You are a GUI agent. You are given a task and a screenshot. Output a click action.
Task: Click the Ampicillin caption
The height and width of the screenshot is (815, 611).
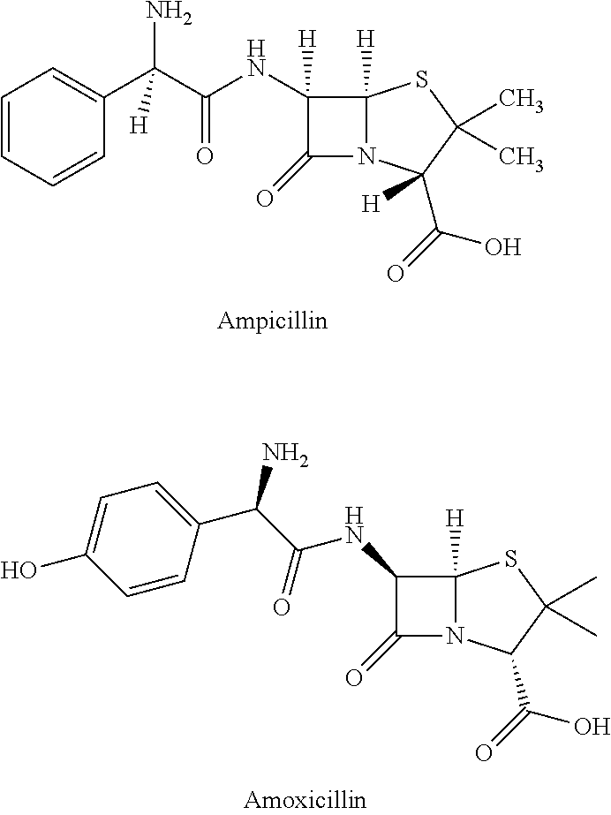[x=273, y=321]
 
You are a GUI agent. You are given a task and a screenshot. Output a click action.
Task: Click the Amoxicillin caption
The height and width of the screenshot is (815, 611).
[x=305, y=799]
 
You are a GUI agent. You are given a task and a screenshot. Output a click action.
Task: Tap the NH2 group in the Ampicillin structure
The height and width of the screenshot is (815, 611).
[x=170, y=15]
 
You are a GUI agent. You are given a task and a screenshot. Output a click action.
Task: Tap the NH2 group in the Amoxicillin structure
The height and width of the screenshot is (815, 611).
[x=285, y=453]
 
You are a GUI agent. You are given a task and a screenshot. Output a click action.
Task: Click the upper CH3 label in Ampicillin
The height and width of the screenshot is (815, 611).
[x=521, y=101]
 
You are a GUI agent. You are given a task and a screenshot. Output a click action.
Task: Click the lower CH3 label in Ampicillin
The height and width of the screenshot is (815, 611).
[x=521, y=156]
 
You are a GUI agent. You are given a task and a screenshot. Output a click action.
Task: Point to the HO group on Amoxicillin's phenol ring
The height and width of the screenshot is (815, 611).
[x=19, y=570]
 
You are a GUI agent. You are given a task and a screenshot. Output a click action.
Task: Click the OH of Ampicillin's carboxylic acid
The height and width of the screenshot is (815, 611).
[x=502, y=247]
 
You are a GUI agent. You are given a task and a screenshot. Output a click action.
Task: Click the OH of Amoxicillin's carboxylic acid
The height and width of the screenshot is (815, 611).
[x=592, y=726]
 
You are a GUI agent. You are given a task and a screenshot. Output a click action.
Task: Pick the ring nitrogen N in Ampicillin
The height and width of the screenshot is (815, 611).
[x=366, y=156]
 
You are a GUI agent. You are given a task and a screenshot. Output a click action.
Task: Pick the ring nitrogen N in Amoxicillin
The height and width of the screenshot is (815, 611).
[x=456, y=635]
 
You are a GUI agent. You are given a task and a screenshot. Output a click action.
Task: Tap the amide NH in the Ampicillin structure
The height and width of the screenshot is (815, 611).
[x=256, y=61]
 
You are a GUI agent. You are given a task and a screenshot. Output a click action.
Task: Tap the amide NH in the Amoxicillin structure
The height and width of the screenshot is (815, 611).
[x=355, y=526]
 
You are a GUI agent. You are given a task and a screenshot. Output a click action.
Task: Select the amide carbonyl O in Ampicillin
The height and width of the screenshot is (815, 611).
[x=205, y=156]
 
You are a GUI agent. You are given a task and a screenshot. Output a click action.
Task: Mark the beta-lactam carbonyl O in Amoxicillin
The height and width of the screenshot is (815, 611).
[x=354, y=678]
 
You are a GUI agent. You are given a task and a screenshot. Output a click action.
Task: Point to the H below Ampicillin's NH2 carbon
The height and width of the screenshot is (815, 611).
[x=139, y=125]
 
